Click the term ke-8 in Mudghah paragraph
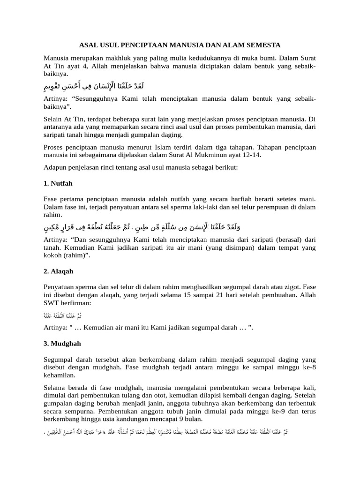[308, 367]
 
